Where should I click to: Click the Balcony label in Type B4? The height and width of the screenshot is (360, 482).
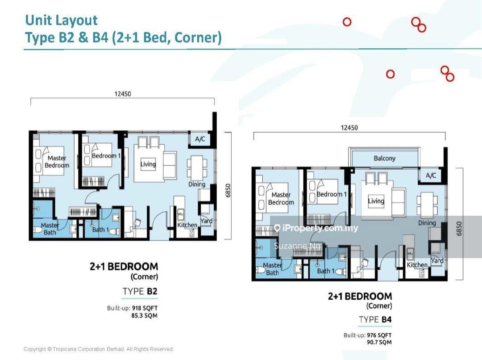click(384, 158)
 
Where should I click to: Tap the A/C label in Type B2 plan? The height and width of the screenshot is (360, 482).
click(200, 139)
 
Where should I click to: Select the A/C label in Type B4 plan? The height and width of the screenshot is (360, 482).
click(431, 176)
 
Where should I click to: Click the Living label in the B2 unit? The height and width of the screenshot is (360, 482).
click(148, 164)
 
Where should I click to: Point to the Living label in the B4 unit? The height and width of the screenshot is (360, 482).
click(376, 201)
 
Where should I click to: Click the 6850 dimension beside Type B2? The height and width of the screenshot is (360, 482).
click(228, 190)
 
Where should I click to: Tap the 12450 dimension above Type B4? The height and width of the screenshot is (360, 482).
click(349, 127)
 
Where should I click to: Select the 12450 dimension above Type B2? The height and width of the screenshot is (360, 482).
click(123, 93)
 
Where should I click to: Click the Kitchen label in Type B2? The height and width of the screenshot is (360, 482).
click(187, 225)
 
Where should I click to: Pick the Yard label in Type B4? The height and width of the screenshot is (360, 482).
click(437, 260)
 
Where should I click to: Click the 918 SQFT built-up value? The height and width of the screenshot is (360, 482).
click(145, 308)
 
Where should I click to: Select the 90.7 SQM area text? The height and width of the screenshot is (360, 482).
click(379, 342)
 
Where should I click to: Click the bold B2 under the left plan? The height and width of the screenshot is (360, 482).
click(152, 291)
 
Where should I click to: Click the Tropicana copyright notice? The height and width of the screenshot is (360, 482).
click(99, 349)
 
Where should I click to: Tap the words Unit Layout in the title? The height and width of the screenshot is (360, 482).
click(62, 20)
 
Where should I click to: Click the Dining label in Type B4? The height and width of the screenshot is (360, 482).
click(427, 223)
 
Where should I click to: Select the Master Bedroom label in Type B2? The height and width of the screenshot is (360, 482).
click(57, 162)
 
